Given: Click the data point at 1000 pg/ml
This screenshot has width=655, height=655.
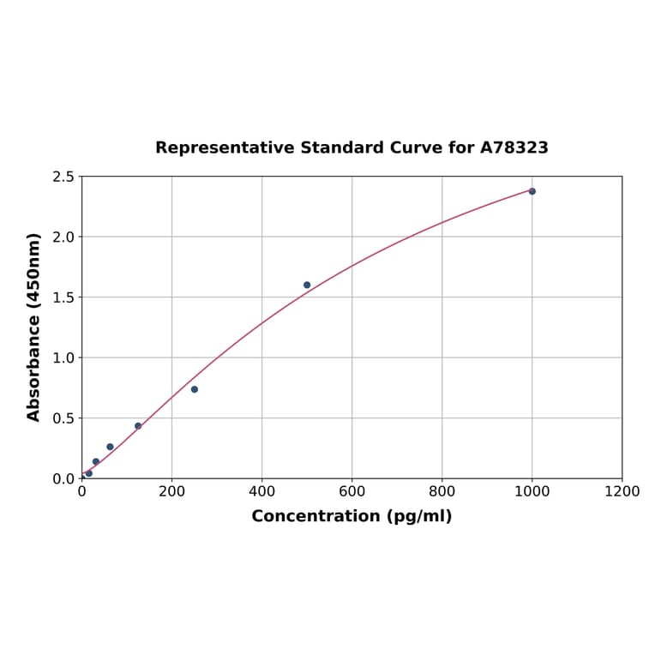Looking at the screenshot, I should [532, 191].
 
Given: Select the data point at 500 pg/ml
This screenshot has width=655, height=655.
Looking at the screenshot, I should [307, 285].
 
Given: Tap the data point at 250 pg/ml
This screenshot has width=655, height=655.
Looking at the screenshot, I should [195, 389].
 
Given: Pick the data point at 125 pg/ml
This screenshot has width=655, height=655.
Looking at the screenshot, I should [138, 426].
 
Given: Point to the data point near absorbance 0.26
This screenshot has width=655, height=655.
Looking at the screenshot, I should [110, 447].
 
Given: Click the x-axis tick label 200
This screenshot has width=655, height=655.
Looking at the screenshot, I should [171, 492].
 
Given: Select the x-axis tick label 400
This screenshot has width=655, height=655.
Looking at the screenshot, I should [261, 492].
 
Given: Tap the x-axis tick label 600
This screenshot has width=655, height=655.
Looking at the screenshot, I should [352, 492].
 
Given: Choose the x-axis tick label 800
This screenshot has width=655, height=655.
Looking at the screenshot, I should [442, 492].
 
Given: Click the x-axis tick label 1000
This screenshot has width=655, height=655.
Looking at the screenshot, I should [532, 492].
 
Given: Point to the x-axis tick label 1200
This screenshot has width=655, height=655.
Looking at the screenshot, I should [622, 492].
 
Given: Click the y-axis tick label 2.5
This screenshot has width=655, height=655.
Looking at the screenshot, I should [63, 177].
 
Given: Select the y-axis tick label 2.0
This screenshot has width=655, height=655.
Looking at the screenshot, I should [63, 237].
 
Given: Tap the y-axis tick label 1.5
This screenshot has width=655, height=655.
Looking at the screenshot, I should [63, 297].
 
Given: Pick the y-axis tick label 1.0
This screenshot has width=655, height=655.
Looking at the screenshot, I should [63, 358].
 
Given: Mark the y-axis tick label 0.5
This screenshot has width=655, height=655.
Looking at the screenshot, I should [63, 418].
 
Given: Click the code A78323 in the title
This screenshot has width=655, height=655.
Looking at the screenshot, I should [514, 147].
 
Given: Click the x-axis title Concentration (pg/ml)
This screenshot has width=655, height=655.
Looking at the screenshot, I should [352, 516].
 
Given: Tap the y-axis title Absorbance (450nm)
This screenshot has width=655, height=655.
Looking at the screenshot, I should [34, 327].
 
